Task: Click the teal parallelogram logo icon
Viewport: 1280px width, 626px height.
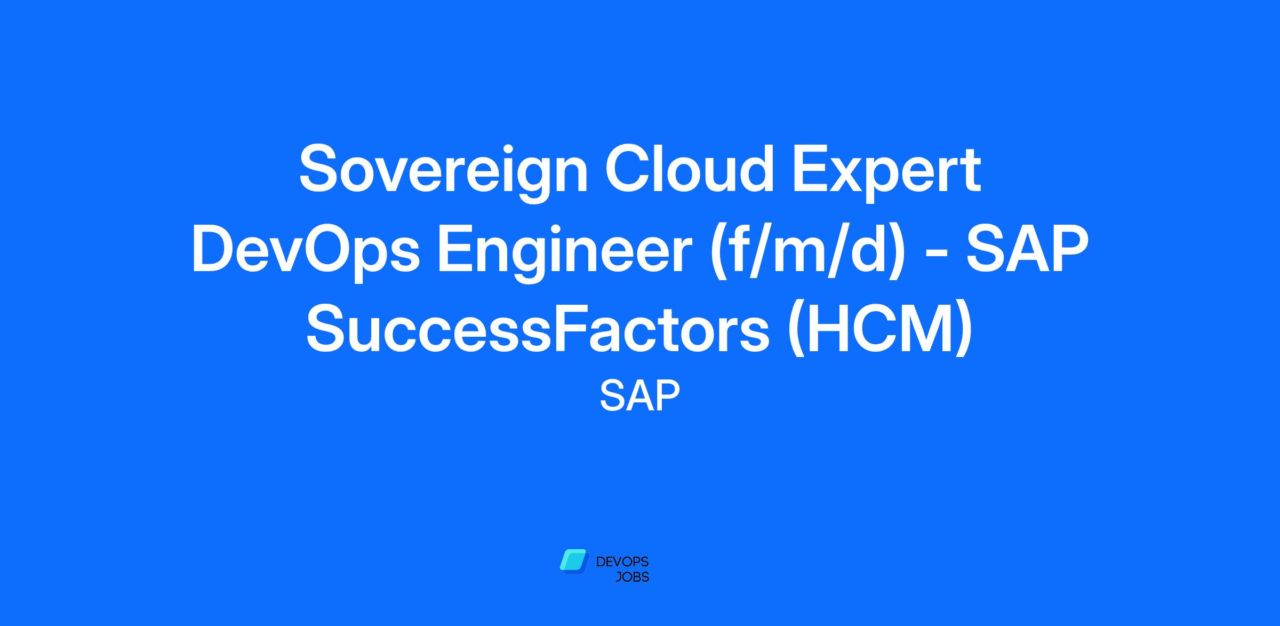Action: point(573,561)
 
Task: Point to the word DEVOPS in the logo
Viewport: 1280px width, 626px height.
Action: point(622,562)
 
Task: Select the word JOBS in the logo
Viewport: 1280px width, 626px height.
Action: point(632,577)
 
